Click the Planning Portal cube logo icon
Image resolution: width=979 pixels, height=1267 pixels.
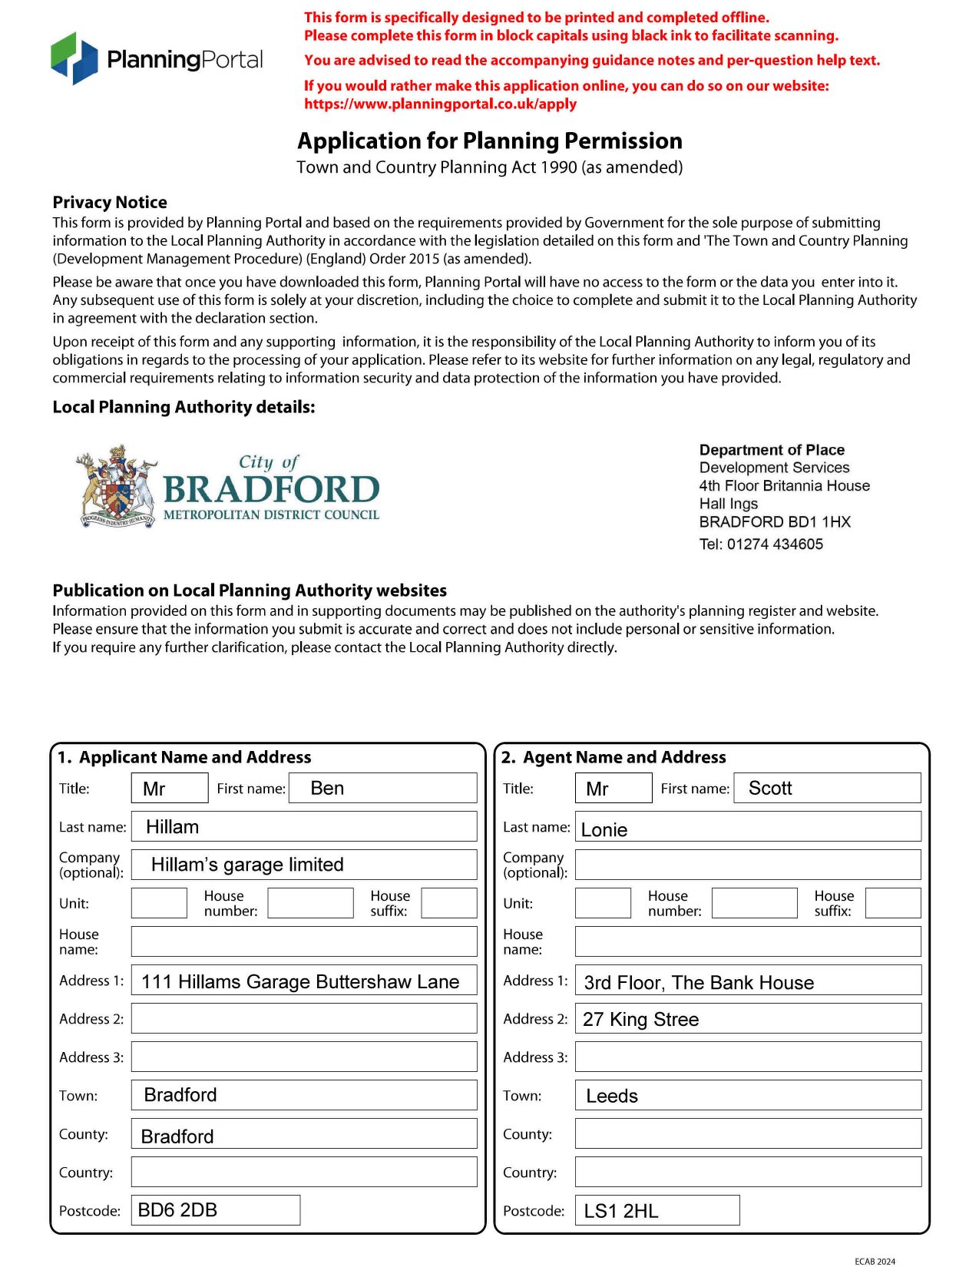tap(74, 58)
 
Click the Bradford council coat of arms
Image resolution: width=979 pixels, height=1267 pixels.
tap(117, 486)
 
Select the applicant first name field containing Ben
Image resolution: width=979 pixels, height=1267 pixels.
tap(382, 788)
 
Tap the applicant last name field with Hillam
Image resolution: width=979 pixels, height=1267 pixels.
tap(304, 826)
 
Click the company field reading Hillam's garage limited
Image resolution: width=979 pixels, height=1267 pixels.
tap(304, 865)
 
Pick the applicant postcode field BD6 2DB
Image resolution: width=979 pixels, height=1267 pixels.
tap(215, 1210)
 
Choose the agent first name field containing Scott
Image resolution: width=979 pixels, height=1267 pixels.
tap(827, 788)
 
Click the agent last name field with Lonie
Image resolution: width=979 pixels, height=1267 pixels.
tap(748, 827)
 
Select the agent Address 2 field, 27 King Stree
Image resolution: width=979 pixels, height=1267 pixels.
tap(748, 1019)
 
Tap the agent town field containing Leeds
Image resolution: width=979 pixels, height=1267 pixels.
tap(748, 1096)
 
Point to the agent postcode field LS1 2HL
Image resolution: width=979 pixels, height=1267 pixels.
tap(657, 1210)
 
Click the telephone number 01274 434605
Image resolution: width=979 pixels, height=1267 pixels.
tap(775, 544)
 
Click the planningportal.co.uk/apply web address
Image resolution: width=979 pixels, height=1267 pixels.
tap(440, 104)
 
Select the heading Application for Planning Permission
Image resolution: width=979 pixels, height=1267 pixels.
tap(490, 141)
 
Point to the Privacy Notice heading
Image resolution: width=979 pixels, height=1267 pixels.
tap(110, 203)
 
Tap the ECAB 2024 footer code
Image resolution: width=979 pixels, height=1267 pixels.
tap(875, 1261)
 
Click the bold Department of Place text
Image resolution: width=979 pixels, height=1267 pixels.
tap(772, 450)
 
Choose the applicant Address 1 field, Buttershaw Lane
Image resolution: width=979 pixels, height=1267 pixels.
tap(304, 981)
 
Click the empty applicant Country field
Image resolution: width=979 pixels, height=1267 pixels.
tap(304, 1172)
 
